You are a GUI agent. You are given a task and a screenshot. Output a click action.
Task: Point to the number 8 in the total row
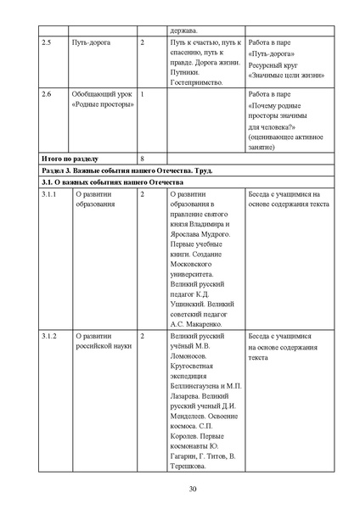[x=143, y=159]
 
